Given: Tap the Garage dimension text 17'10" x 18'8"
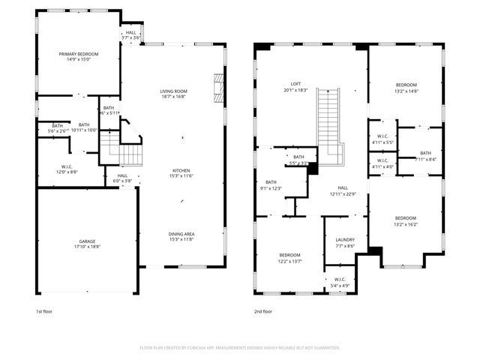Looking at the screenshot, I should [x=88, y=246].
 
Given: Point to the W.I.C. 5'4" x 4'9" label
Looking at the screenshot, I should [x=340, y=283].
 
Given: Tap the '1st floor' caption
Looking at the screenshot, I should [x=44, y=311].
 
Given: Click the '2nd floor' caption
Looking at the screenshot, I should [x=262, y=311].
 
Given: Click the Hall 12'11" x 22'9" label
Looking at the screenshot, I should [x=343, y=191].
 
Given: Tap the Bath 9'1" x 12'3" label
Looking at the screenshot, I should [x=271, y=184].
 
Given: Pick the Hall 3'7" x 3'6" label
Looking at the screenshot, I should [x=131, y=34].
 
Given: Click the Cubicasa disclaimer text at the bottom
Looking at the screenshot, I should [x=240, y=348].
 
